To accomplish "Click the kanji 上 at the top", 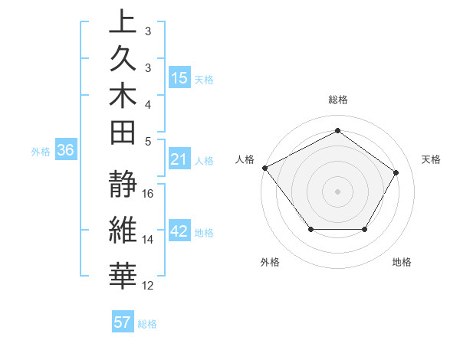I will coord(123,21).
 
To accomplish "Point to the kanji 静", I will coord(123,186).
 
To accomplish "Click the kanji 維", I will coord(123,232).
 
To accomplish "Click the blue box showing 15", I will coord(179,77).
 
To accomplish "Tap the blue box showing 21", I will coord(179,159).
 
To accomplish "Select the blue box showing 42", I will coord(179,232).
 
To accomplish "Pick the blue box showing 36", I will coord(66,150).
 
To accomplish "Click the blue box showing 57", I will coord(123,322).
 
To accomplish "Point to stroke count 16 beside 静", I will coord(149,193).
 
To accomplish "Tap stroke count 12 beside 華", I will coord(149,286).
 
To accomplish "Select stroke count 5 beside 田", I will coord(149,141).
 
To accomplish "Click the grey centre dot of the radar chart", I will coord(337,191).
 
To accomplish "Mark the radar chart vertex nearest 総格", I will coord(337,130).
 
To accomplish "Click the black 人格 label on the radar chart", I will coord(245,159).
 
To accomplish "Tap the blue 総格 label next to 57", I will coord(148,324).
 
